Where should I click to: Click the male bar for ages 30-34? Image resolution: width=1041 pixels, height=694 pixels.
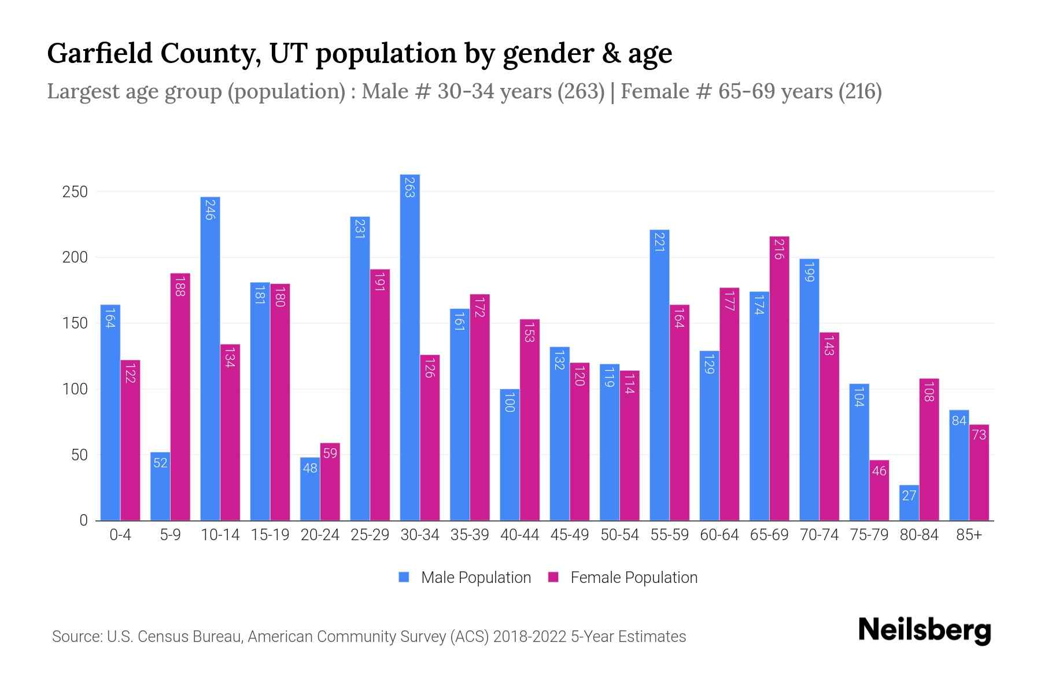[x=409, y=347]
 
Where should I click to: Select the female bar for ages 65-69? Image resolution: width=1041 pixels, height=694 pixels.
[x=779, y=379]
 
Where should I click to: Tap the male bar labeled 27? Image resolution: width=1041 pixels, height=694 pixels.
[x=909, y=503]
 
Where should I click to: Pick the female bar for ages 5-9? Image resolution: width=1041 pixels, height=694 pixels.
[x=180, y=397]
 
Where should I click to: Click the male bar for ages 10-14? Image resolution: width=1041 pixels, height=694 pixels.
[x=210, y=359]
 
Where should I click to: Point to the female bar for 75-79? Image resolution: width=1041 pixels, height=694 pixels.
[x=878, y=490]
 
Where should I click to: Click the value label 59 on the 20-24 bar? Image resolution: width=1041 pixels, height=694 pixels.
[x=330, y=453]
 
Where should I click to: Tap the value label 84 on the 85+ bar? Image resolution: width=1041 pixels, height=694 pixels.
[x=959, y=420]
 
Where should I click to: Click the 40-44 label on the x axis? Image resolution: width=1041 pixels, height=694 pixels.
[x=519, y=535]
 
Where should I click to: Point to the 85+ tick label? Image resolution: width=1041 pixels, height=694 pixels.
[x=969, y=535]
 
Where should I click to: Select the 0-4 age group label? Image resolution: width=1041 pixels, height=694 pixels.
[x=120, y=535]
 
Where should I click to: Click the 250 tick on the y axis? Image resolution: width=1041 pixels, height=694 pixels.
[x=75, y=192]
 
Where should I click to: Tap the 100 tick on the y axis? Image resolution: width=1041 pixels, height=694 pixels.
[x=75, y=389]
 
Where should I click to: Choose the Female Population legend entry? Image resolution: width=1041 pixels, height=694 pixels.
[x=623, y=577]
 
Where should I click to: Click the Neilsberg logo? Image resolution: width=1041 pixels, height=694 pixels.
[x=924, y=630]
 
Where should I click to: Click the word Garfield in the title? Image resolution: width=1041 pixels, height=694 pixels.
[x=99, y=53]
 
